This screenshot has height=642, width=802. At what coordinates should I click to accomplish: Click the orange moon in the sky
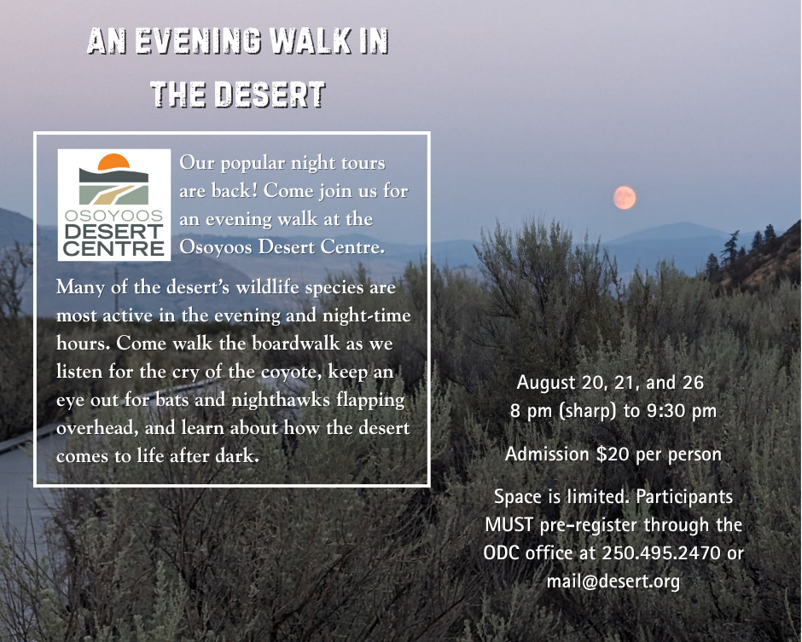(625, 198)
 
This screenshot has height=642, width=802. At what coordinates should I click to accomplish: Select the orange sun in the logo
(113, 161)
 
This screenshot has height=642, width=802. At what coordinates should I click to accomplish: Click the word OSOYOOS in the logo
(113, 216)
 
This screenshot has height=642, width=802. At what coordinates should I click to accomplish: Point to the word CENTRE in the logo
(113, 249)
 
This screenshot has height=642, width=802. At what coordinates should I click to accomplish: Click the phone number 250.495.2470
(661, 552)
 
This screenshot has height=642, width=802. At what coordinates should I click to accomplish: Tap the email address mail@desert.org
(613, 581)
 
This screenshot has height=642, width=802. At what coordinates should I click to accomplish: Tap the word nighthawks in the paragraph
(281, 399)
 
